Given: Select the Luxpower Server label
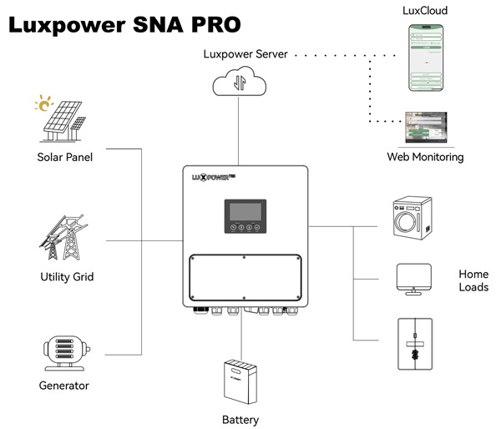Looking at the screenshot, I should point(245,54).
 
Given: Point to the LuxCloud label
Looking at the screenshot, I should point(425,10).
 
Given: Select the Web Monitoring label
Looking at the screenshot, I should point(425,157).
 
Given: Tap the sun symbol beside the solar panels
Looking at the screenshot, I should point(42,105).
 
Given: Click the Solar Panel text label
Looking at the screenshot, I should point(64,157).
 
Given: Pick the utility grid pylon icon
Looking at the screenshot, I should point(65,238).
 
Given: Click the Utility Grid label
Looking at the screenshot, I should point(67,277).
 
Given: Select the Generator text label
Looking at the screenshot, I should point(64,386).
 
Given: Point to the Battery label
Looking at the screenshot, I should point(240,420).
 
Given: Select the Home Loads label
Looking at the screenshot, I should point(473,280).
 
